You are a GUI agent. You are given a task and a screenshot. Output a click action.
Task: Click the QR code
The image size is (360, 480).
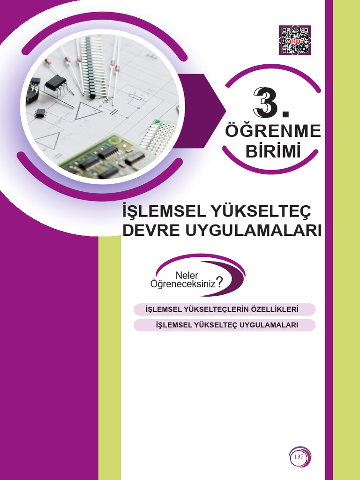[295, 40]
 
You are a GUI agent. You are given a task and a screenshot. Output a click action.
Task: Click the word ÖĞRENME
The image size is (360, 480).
[273, 132]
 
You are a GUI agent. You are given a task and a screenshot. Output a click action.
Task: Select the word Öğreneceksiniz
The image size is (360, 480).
[182, 284]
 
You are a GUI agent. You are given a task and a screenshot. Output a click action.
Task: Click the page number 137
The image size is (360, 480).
[299, 457]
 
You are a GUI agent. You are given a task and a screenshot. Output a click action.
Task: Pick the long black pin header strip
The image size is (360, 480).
[94, 66]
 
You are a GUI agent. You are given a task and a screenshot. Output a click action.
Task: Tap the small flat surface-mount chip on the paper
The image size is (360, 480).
[40, 112]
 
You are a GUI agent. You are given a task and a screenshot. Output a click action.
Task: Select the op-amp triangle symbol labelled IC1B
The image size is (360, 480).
[86, 111]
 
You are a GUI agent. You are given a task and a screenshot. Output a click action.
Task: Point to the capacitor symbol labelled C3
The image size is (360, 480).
[112, 112]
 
